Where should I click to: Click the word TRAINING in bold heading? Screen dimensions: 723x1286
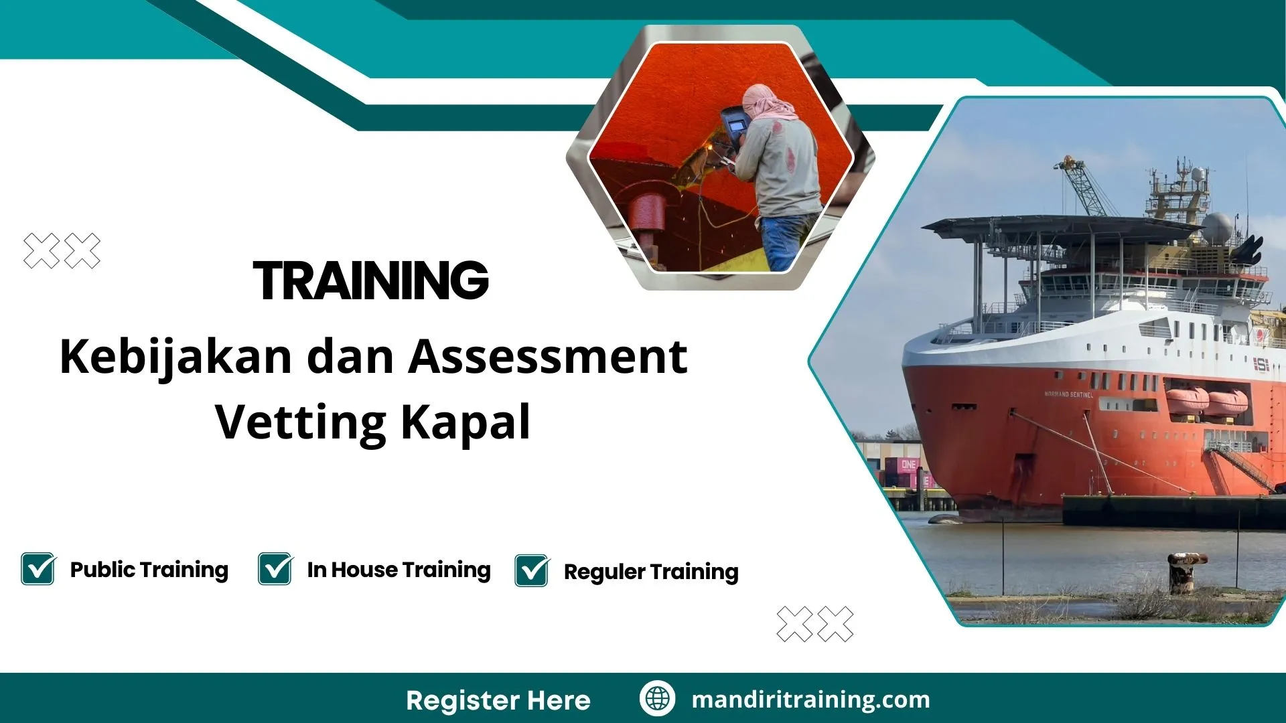(370, 280)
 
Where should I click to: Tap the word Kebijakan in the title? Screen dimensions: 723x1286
(175, 357)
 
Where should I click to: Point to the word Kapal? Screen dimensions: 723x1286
(466, 422)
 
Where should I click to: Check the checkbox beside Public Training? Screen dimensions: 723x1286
(38, 569)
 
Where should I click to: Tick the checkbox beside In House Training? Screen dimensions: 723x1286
(275, 569)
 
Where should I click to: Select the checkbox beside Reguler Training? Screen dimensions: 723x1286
(532, 571)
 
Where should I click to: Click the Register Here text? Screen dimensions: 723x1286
(498, 700)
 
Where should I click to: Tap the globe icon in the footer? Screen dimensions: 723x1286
(657, 698)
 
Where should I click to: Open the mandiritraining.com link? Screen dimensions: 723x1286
(810, 700)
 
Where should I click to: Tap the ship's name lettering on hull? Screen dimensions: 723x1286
(1068, 394)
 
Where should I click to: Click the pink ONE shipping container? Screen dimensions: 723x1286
(908, 465)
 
